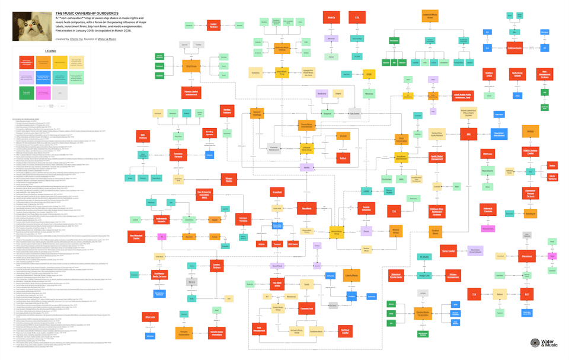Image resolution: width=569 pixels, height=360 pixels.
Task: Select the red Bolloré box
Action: (343, 158)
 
